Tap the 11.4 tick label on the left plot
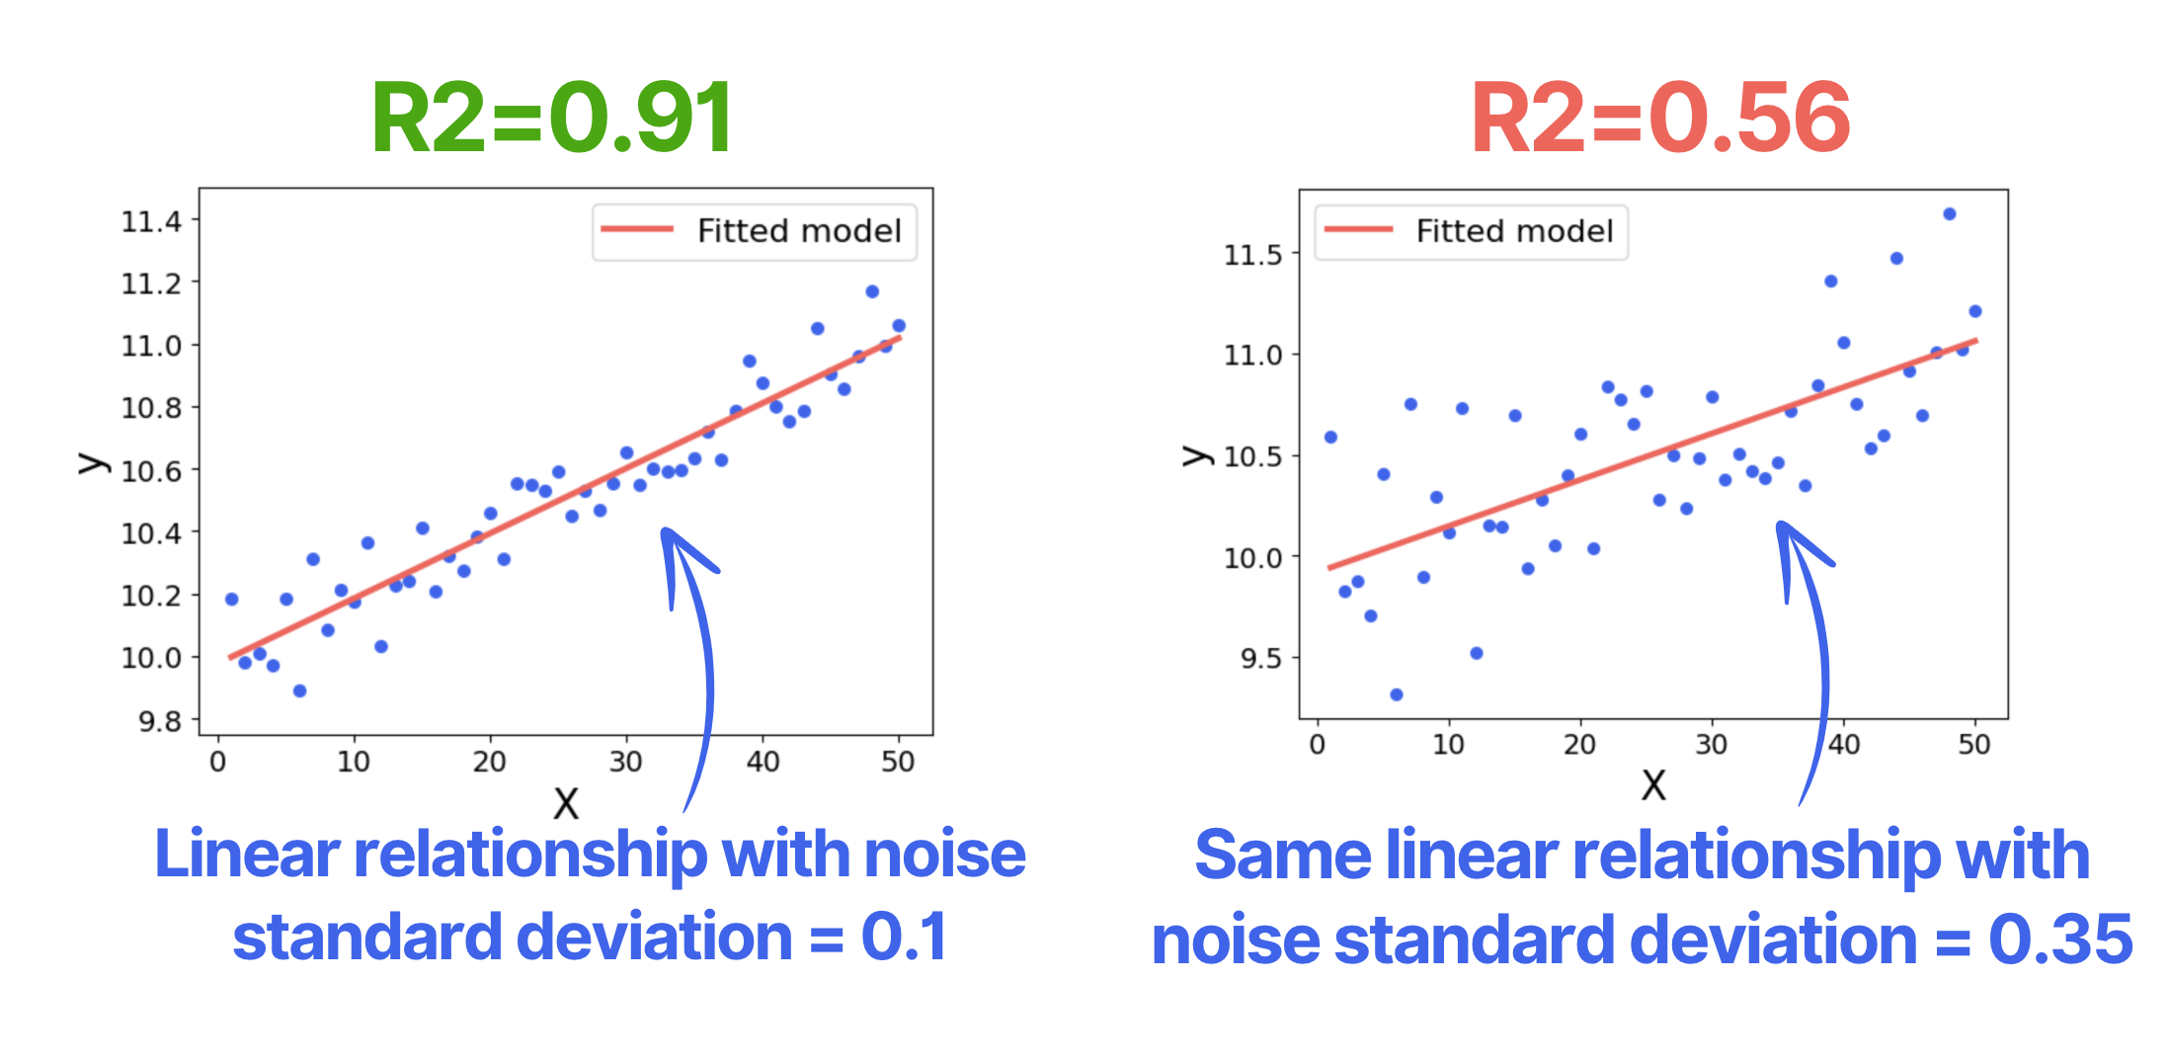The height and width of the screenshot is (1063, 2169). (x=151, y=221)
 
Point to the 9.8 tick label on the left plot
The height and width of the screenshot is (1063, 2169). (x=160, y=722)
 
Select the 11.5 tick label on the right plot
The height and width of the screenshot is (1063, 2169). (x=1252, y=255)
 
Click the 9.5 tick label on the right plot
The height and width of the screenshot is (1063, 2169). (x=1260, y=658)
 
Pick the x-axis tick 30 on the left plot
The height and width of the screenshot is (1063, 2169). (x=625, y=762)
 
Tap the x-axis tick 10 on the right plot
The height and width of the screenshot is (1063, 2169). (x=1448, y=745)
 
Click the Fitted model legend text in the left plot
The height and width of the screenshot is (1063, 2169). (x=799, y=231)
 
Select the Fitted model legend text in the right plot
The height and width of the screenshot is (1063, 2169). (x=1514, y=231)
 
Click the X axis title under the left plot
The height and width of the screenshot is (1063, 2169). (x=565, y=803)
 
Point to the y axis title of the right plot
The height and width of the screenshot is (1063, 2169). (x=1196, y=455)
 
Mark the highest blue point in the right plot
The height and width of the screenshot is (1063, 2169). (x=1949, y=214)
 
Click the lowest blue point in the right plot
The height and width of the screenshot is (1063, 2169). (x=1396, y=695)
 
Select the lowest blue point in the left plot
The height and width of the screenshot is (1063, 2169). (x=299, y=691)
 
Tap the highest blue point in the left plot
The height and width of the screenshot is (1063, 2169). (x=872, y=291)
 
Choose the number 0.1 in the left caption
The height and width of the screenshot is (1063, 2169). (x=903, y=937)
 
